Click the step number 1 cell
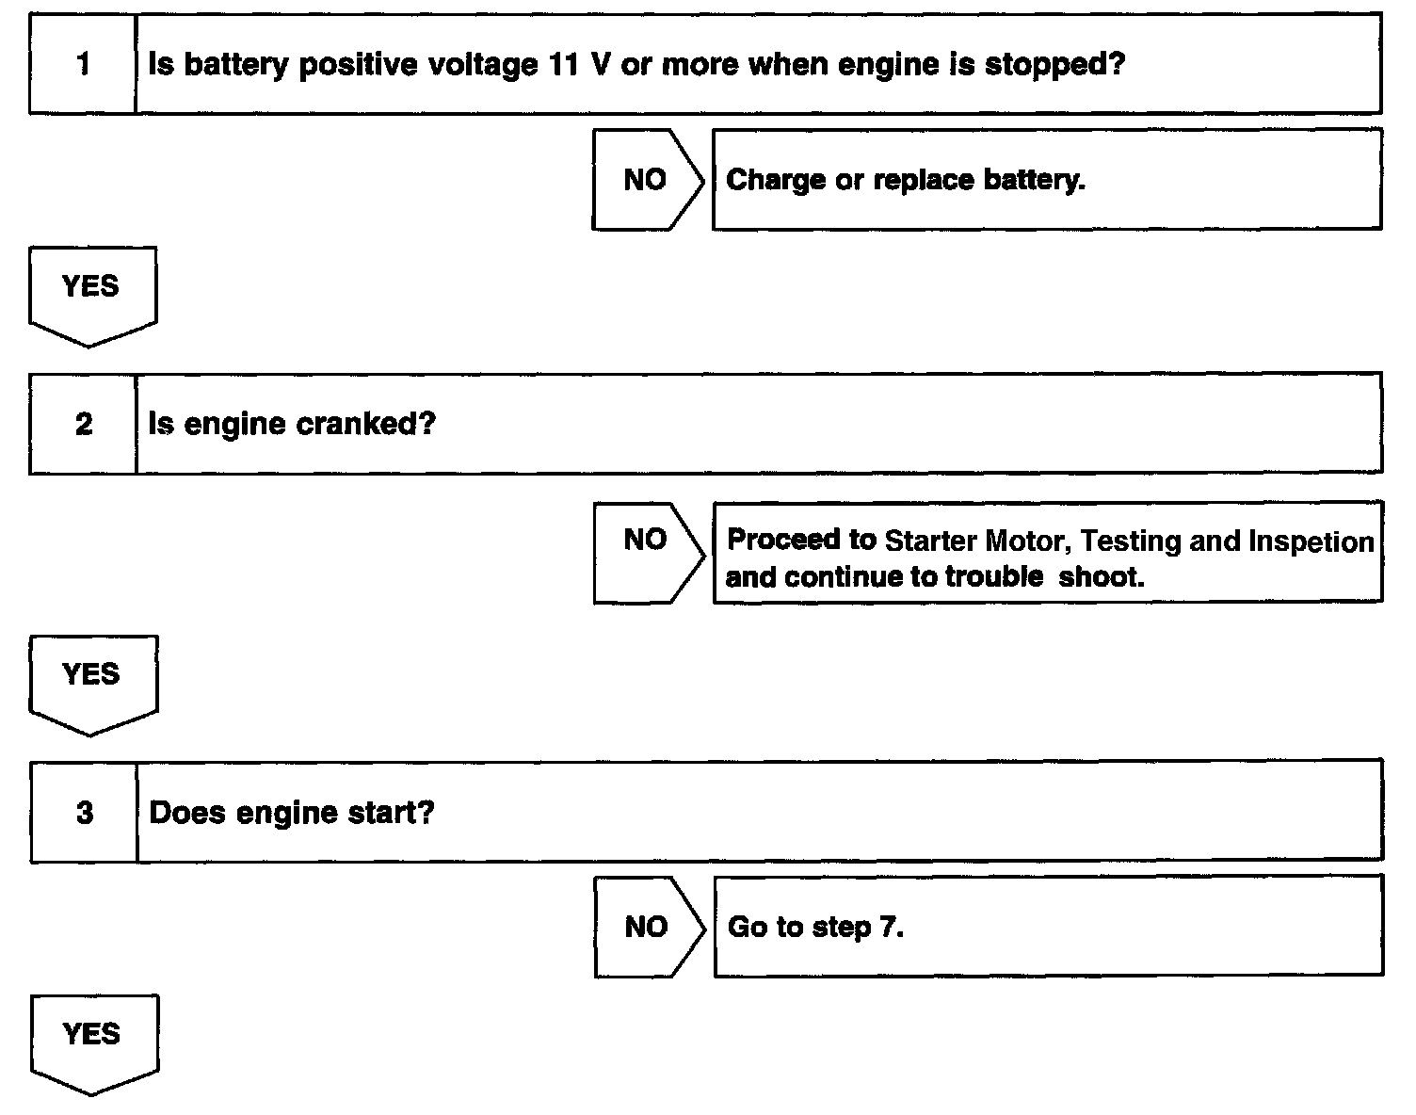[83, 64]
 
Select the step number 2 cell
[84, 424]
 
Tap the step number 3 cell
[85, 813]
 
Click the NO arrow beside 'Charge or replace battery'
[647, 180]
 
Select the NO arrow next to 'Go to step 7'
[648, 927]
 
